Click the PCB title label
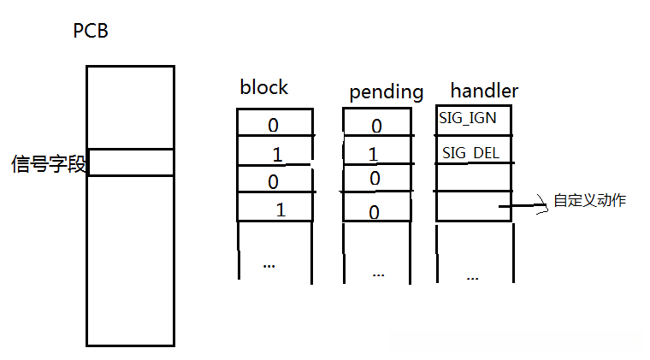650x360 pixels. pos(91,32)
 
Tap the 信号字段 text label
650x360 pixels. pos(49,163)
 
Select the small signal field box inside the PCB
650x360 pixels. pos(131,162)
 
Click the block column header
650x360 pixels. pos(264,87)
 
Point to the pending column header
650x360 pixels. pos(386,91)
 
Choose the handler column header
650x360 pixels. pos(483,90)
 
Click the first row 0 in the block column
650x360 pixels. pos(274,126)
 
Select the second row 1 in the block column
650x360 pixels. pos(275,155)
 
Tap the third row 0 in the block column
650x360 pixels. pos(274,181)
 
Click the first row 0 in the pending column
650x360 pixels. pos(376,127)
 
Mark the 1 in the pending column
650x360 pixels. pos(373,155)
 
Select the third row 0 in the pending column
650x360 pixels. pos(374,179)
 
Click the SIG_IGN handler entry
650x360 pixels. pos(468,118)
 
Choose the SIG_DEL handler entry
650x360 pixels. pos(470,154)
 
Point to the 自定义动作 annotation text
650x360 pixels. pos(590,201)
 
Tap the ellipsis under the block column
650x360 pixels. pos(269,265)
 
